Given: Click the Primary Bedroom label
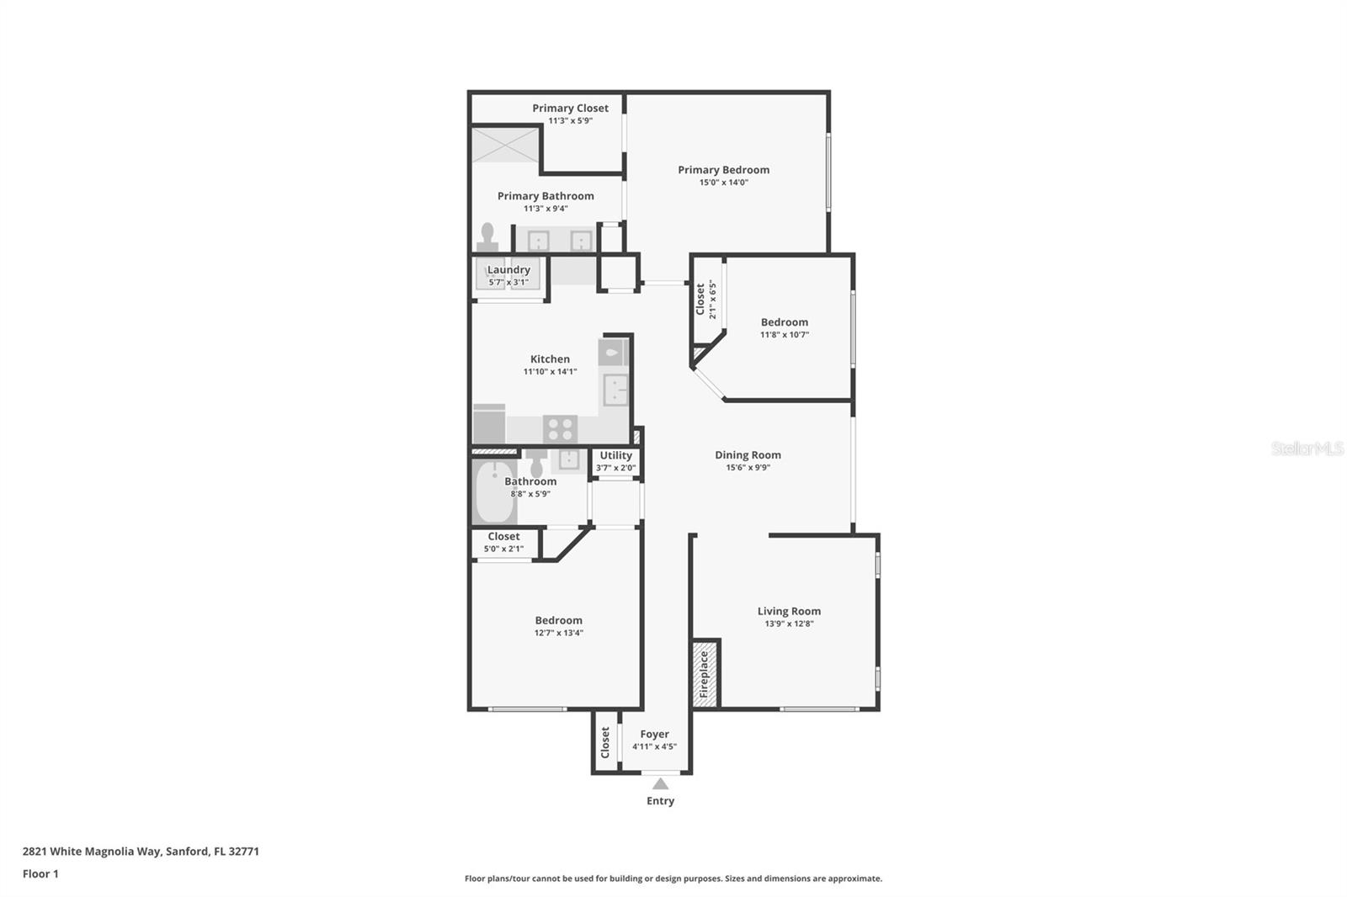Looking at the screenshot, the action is pos(723,169).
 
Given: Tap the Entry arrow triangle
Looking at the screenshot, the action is pos(660,784).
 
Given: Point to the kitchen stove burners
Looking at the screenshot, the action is pos(561,429).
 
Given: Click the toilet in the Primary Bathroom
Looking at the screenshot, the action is pos(487,237).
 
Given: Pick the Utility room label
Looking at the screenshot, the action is pos(615,455).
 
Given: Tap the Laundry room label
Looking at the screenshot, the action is pos(508,269).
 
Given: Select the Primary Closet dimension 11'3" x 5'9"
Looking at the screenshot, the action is pos(570,121).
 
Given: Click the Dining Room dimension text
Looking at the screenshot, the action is pos(748,467).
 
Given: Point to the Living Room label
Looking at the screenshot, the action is pos(789,611).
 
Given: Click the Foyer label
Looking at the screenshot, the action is pos(654,734).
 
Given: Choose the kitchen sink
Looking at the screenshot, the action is pos(615,389).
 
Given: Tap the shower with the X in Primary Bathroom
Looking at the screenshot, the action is pos(504,144).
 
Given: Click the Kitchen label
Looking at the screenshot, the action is pos(551,359).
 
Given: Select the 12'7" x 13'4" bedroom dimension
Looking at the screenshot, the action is pos(559,633).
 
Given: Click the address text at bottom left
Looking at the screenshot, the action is pos(141,852).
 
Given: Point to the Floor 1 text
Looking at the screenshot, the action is pos(40,873).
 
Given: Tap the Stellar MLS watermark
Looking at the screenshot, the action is pos(1307,448).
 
